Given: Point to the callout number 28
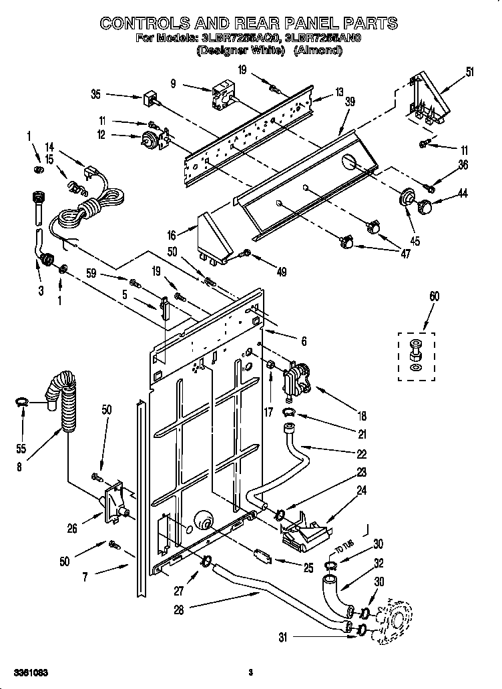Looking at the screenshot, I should coord(178,608).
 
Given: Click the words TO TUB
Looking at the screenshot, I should coord(343,549).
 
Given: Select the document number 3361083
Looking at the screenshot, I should coord(29,671).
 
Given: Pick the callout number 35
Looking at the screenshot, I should coord(95,95).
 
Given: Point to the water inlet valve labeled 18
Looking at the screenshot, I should coord(296,379).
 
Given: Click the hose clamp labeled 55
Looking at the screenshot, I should coord(21,401).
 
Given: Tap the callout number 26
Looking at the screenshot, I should coord(71,529).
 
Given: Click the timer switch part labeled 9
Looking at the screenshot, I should coord(223,95).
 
